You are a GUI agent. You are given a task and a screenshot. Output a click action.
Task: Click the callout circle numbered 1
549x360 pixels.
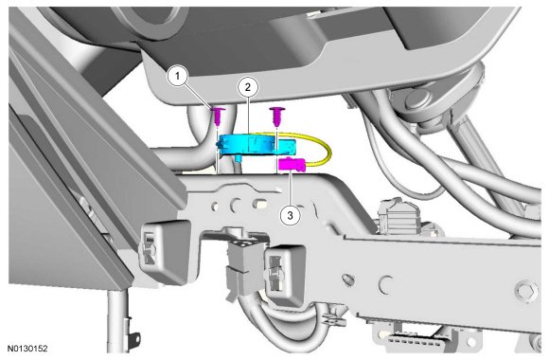tap(178, 76)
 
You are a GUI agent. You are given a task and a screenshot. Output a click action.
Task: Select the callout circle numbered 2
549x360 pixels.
tap(248, 87)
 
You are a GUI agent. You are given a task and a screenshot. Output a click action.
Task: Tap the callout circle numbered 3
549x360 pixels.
tap(291, 215)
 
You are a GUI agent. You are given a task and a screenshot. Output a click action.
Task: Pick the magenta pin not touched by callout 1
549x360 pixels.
tap(277, 117)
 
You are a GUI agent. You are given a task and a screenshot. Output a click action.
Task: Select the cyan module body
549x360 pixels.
tap(257, 144)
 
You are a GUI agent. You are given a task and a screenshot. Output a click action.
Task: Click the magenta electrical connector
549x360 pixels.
tap(292, 165)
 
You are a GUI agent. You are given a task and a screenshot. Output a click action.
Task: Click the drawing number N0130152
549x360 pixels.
tap(27, 349)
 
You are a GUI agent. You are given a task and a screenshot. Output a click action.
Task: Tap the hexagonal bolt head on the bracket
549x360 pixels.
tap(527, 291)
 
